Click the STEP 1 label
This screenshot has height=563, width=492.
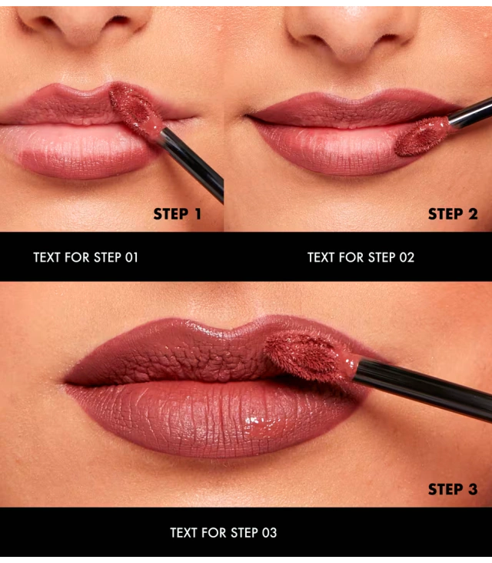click(177, 214)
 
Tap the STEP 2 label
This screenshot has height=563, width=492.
click(453, 214)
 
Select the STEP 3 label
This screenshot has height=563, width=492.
click(453, 489)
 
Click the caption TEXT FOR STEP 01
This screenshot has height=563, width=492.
click(85, 257)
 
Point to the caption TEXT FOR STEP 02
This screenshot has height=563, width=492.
click(361, 257)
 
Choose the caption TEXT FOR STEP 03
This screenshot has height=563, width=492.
click(223, 532)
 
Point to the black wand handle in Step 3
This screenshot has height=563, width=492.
click(423, 387)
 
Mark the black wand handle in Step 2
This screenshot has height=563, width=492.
click(470, 112)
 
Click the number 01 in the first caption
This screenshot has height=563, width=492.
click(131, 257)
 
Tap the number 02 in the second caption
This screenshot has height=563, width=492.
click(407, 257)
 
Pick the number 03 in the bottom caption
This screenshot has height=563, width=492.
click(270, 532)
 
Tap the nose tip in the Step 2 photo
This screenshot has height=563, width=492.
click(353, 36)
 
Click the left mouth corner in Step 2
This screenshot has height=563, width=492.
click(246, 116)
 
